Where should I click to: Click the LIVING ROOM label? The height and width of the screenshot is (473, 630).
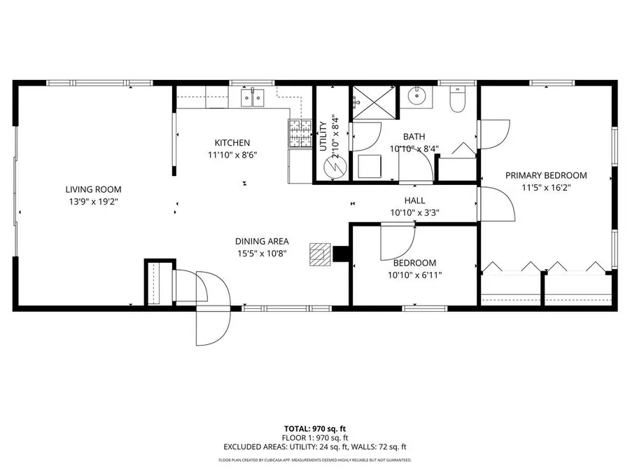pyautogui.click(x=93, y=189)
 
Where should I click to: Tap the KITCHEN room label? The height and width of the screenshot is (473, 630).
pyautogui.click(x=232, y=143)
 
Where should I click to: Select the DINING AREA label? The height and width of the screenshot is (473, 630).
pyautogui.click(x=261, y=241)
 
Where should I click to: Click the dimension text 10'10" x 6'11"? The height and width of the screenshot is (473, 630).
pyautogui.click(x=414, y=275)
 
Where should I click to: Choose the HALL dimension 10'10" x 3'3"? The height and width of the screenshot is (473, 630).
pyautogui.click(x=414, y=213)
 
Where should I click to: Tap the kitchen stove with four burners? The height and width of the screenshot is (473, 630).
pyautogui.click(x=299, y=133)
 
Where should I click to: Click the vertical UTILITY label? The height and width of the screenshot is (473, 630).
pyautogui.click(x=323, y=136)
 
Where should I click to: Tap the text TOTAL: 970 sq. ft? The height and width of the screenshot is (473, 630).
pyautogui.click(x=314, y=427)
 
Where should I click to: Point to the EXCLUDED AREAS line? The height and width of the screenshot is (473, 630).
pyautogui.click(x=314, y=446)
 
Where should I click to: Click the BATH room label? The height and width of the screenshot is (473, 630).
pyautogui.click(x=414, y=137)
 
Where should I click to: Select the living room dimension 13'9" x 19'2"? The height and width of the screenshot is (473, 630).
pyautogui.click(x=93, y=202)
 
